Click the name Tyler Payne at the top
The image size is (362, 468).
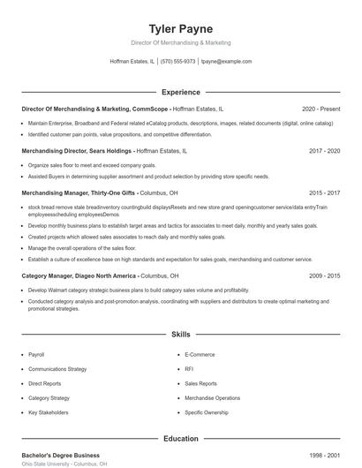point(180,28)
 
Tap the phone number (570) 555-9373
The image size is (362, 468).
point(177,62)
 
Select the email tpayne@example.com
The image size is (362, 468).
point(226,62)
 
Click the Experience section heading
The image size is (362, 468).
point(180,91)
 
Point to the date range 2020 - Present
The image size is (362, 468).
point(321,109)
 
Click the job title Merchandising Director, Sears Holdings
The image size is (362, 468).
point(79,151)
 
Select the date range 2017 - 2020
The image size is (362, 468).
point(324,151)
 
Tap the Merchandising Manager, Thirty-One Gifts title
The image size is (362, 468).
point(79,192)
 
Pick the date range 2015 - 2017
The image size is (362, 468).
point(324,192)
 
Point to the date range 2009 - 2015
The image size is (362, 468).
point(324,276)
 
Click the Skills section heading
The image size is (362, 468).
point(180,335)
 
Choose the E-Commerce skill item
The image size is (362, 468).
point(200,354)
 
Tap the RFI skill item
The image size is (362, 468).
point(189,369)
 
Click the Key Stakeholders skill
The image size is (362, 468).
point(48,412)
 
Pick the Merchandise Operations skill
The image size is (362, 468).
point(212,398)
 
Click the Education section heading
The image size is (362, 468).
point(180,438)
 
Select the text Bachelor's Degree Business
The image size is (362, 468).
point(60,456)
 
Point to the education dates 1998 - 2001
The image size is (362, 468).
point(324,456)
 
